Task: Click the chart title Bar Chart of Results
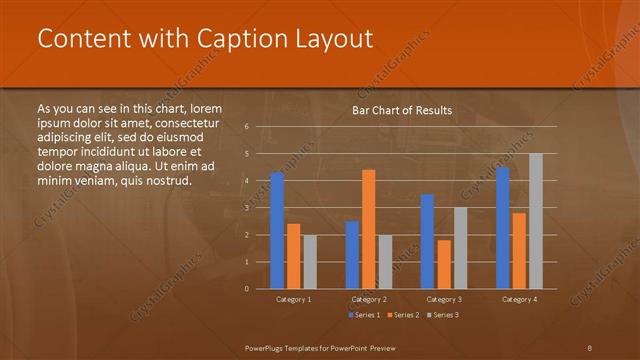click(x=402, y=110)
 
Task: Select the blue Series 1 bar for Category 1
click(x=277, y=230)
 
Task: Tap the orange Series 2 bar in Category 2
click(x=368, y=229)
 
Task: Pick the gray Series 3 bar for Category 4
click(x=535, y=221)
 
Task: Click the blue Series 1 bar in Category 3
click(x=427, y=241)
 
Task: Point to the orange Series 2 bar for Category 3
click(x=443, y=264)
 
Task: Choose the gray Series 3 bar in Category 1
click(x=310, y=261)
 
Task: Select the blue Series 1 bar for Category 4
click(x=502, y=227)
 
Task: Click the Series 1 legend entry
click(x=364, y=315)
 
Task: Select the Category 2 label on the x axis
click(x=368, y=299)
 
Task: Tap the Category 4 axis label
click(x=518, y=299)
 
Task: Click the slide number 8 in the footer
click(x=589, y=346)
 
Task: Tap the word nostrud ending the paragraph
click(x=163, y=181)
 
